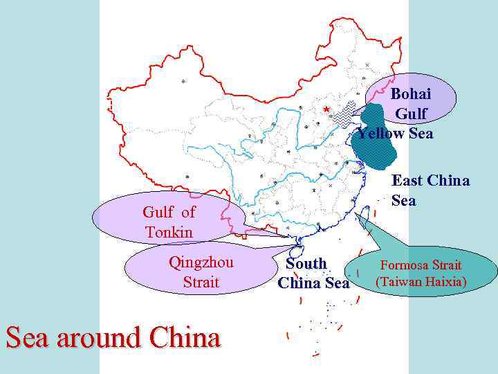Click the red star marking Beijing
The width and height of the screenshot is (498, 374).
point(326,109)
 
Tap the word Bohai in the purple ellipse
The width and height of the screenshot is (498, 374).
point(410,93)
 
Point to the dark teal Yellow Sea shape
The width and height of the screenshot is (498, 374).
point(377,139)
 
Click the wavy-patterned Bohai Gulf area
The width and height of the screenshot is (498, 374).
point(344,115)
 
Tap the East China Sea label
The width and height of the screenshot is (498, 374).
point(430,190)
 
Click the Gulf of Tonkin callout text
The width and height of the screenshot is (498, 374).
point(169,222)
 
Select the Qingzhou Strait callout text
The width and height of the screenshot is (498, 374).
point(201,272)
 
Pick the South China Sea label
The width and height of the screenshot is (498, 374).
point(313,274)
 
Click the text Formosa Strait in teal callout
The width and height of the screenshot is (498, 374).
point(420,265)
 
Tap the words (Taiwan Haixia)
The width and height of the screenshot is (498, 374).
point(421,282)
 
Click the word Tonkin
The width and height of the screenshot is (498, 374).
point(169,232)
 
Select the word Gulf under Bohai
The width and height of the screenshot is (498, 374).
point(411,113)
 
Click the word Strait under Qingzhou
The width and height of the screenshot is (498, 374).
point(201,282)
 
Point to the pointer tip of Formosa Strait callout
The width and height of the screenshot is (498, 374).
point(356,215)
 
